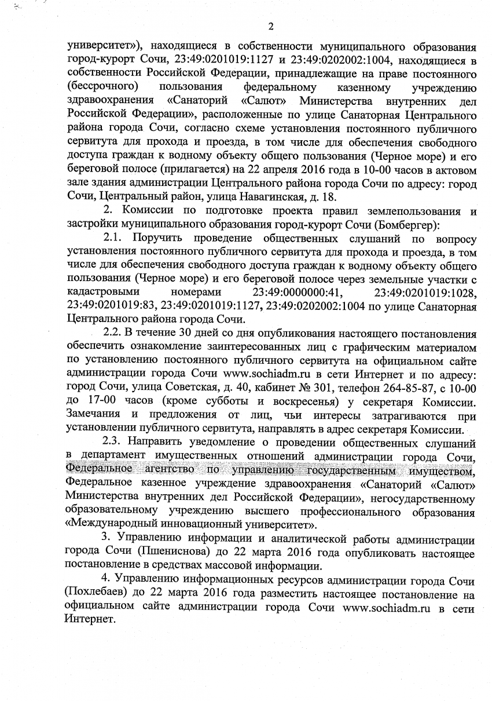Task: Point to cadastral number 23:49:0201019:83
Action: (x=112, y=305)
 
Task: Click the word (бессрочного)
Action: (x=102, y=87)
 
